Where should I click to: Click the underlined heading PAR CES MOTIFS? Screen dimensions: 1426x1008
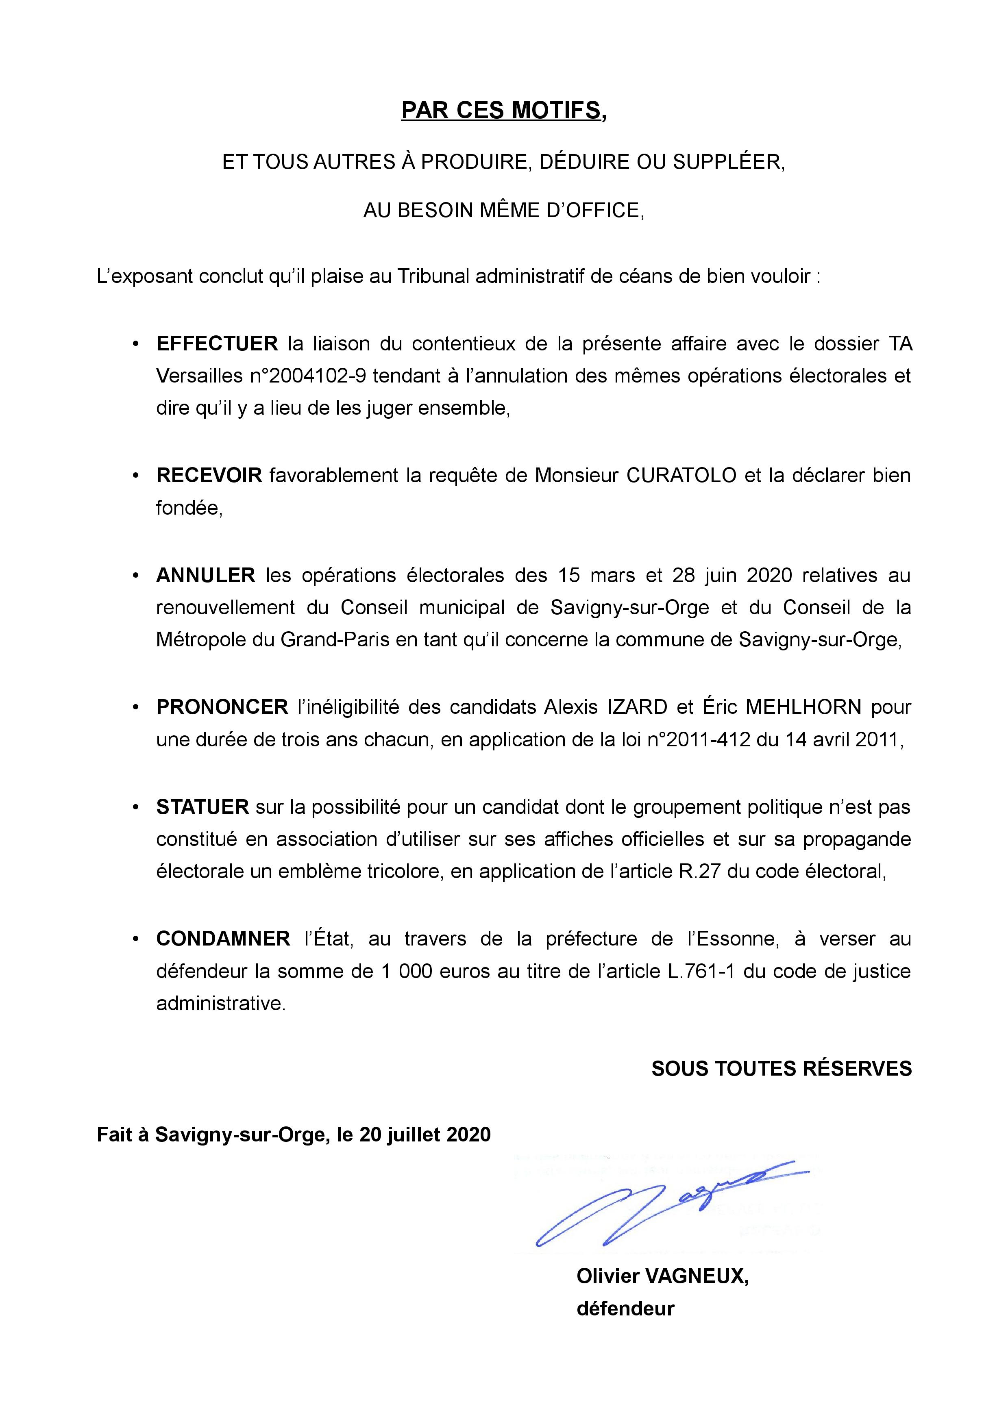(503, 111)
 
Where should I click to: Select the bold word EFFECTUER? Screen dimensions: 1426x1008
(217, 343)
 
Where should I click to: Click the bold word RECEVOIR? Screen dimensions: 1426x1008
(209, 475)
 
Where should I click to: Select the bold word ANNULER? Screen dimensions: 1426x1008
(206, 575)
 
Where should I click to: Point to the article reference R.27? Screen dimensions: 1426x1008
(699, 872)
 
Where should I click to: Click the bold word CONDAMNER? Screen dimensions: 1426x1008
(223, 939)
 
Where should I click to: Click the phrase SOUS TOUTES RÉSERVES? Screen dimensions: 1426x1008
(781, 1068)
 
